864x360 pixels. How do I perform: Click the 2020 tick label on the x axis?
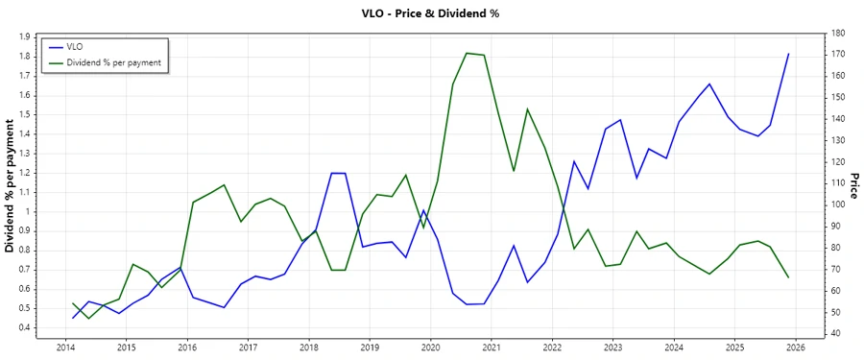click(430, 347)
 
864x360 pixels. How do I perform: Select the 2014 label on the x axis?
click(65, 347)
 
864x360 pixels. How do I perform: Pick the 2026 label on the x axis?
click(795, 347)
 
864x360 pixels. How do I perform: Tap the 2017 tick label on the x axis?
click(248, 347)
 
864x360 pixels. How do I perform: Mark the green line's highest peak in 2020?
click(466, 53)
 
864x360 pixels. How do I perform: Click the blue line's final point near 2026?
click(788, 54)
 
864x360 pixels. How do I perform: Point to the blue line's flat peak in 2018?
click(338, 173)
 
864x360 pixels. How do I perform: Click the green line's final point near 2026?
click(788, 277)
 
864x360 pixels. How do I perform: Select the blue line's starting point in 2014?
click(73, 318)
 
